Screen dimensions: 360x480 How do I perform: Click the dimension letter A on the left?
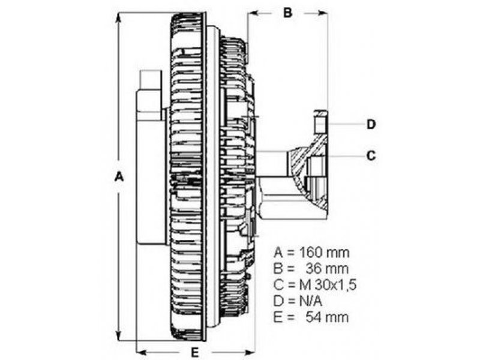pyautogui.click(x=119, y=177)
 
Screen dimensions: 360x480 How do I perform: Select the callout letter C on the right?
pyautogui.click(x=371, y=155)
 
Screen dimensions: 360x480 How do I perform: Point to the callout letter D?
pyautogui.click(x=371, y=124)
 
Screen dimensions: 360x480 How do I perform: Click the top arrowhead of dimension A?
pyautogui.click(x=119, y=14)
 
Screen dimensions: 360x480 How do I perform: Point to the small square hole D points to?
pyautogui.click(x=321, y=125)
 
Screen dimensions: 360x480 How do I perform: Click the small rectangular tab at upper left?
pyautogui.click(x=150, y=80)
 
